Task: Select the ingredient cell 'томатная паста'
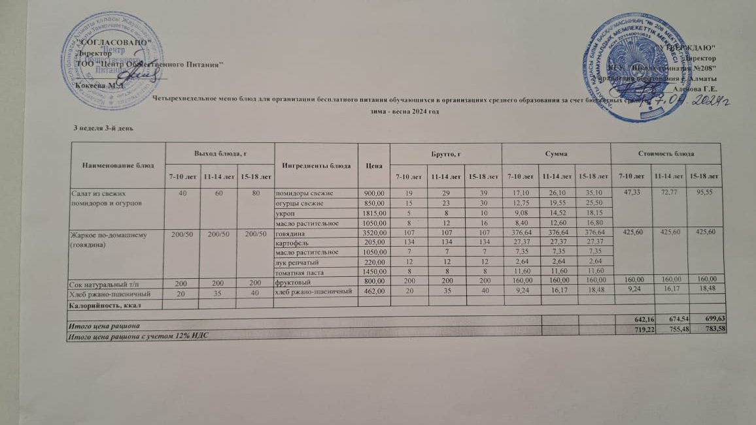[x=298, y=271]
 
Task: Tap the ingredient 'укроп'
[x=283, y=212]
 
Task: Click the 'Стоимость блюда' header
[x=667, y=153]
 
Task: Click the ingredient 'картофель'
[x=292, y=242]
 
